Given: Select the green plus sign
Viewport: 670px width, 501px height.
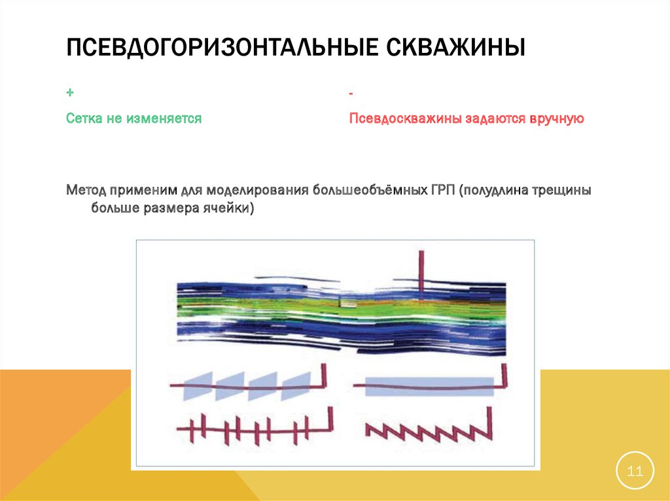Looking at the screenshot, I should point(70,94).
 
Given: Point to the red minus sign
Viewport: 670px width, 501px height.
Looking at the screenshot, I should point(351,95).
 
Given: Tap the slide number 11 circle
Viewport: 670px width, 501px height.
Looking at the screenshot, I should point(635,470).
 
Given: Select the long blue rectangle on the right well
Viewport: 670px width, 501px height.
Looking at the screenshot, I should point(429,386).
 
